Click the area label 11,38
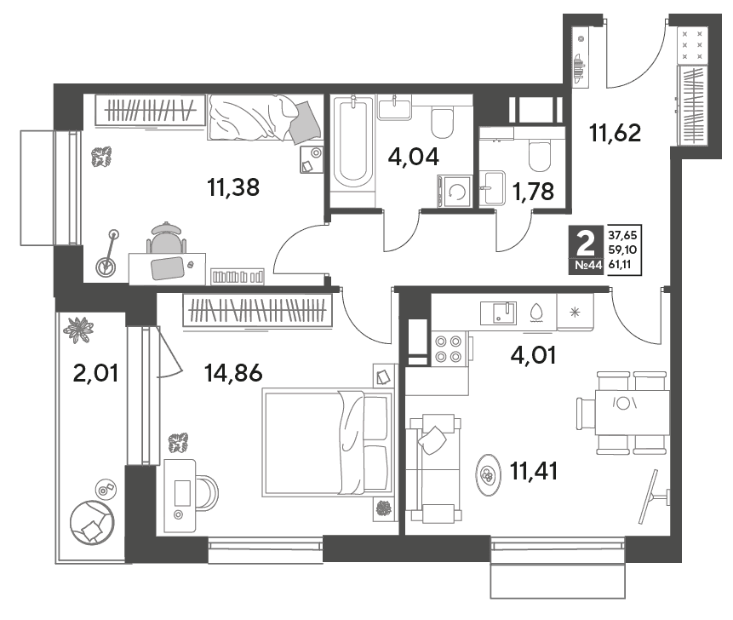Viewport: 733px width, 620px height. click(x=232, y=187)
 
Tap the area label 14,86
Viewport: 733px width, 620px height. click(x=233, y=373)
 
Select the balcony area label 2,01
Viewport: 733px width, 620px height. click(x=96, y=373)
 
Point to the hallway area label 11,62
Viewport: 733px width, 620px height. click(x=616, y=133)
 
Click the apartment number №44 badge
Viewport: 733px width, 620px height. click(x=588, y=265)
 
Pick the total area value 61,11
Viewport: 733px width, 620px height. click(x=620, y=264)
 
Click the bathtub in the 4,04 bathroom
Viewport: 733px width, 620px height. click(x=353, y=144)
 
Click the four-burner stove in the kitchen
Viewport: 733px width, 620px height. click(x=449, y=349)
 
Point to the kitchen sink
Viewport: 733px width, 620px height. click(x=498, y=313)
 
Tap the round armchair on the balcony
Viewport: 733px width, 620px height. click(x=92, y=522)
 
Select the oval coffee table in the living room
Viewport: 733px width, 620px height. click(x=488, y=474)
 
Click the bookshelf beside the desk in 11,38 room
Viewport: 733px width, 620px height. click(x=237, y=276)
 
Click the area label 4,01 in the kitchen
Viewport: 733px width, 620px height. click(x=533, y=355)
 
